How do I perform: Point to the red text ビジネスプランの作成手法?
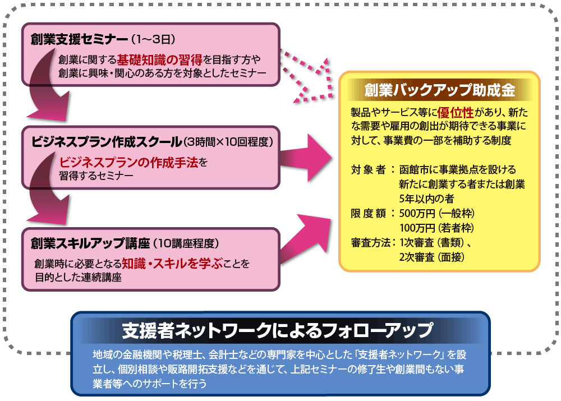click(x=129, y=163)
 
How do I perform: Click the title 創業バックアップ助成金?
click(x=439, y=90)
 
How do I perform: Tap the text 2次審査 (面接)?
click(x=431, y=257)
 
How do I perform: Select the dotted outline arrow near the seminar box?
click(x=306, y=76)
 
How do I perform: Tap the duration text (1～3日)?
click(x=154, y=40)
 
